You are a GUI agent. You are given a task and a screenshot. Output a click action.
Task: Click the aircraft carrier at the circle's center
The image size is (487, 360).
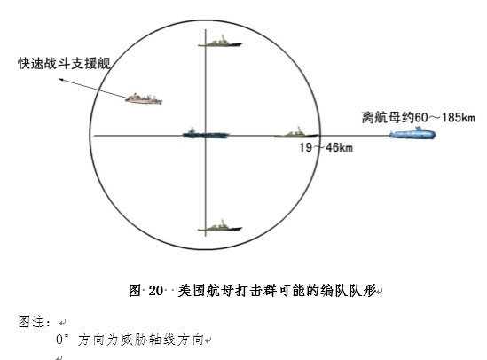click(x=206, y=133)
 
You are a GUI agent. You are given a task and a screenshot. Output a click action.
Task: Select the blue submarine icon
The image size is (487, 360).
click(x=412, y=133)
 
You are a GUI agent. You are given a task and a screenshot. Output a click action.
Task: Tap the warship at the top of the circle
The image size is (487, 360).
click(x=220, y=42)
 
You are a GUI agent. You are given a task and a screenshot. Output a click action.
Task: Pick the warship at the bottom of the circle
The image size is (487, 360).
click(x=220, y=226)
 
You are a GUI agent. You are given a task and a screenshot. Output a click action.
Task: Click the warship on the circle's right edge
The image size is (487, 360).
click(x=296, y=132)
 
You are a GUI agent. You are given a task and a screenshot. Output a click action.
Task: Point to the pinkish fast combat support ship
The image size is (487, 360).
click(x=144, y=98)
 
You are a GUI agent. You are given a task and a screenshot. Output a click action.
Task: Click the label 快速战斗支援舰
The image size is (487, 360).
click(x=64, y=63)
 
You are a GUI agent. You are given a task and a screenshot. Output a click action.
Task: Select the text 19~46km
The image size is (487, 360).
click(x=326, y=147)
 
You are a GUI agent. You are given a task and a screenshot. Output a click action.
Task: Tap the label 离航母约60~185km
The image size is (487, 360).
click(x=419, y=118)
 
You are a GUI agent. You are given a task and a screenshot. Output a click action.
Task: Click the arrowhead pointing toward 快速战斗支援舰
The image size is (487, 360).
click(x=61, y=80)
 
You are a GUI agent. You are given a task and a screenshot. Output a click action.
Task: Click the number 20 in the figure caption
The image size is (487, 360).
click(x=155, y=291)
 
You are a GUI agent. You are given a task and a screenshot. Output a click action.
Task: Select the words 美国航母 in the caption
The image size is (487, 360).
click(x=206, y=291)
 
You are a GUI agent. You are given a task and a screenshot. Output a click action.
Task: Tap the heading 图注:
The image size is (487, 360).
click(x=35, y=322)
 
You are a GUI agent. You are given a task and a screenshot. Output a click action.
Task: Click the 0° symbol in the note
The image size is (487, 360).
click(x=60, y=340)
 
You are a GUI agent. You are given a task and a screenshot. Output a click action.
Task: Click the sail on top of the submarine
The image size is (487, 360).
click(x=419, y=129)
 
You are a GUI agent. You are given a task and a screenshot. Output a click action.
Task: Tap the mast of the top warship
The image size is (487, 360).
click(x=223, y=38)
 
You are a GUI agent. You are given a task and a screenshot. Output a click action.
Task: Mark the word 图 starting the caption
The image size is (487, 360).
click(x=135, y=291)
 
